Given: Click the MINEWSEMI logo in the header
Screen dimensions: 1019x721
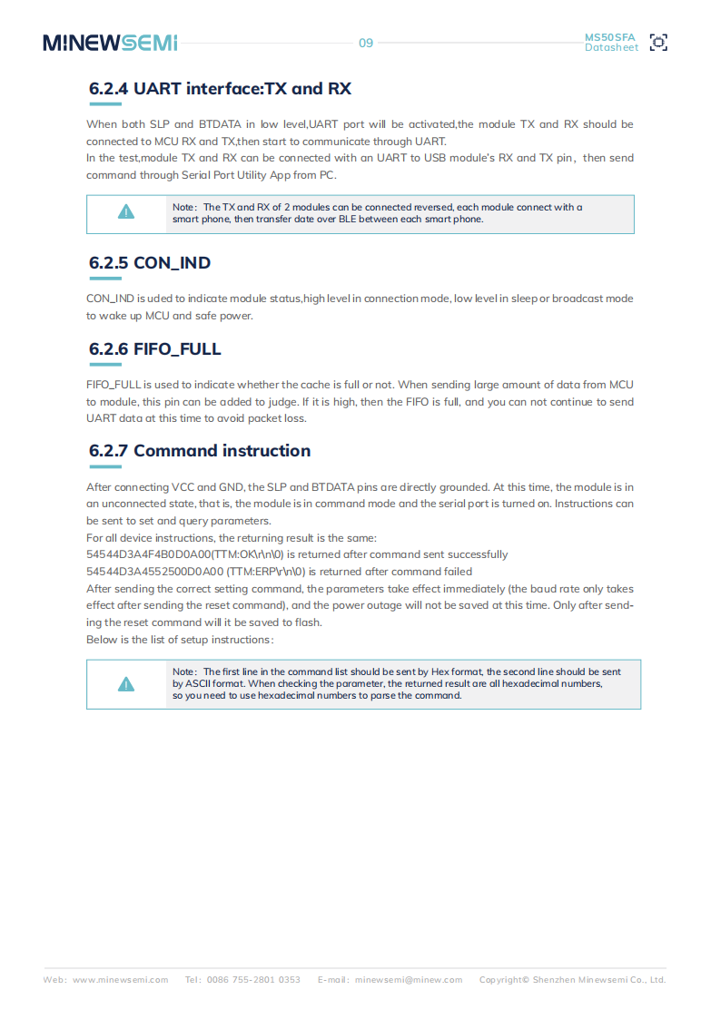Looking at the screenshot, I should point(110,43).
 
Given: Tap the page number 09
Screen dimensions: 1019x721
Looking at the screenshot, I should point(366,43).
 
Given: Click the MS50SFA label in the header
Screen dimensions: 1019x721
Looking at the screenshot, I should point(609,37).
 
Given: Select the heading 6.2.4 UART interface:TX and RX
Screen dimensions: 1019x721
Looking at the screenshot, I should point(220,89).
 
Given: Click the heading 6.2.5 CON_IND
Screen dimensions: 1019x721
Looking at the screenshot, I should point(150,263).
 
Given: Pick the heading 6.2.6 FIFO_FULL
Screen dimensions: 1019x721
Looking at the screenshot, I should point(155,349).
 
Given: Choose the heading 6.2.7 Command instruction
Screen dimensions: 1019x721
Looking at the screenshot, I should point(200,451).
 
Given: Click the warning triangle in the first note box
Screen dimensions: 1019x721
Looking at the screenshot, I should point(126,212).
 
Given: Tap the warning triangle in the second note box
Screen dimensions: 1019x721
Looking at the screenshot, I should point(126,684).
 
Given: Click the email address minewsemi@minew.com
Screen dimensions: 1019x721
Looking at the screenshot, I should point(408,980).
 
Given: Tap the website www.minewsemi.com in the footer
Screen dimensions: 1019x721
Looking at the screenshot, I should point(120,980).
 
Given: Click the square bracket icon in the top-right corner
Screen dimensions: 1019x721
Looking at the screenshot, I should point(659,43).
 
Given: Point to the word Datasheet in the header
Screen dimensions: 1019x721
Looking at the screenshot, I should point(611,48).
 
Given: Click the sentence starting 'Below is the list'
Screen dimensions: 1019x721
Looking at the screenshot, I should point(180,640).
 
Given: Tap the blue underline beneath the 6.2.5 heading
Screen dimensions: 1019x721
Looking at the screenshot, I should point(105,279).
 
